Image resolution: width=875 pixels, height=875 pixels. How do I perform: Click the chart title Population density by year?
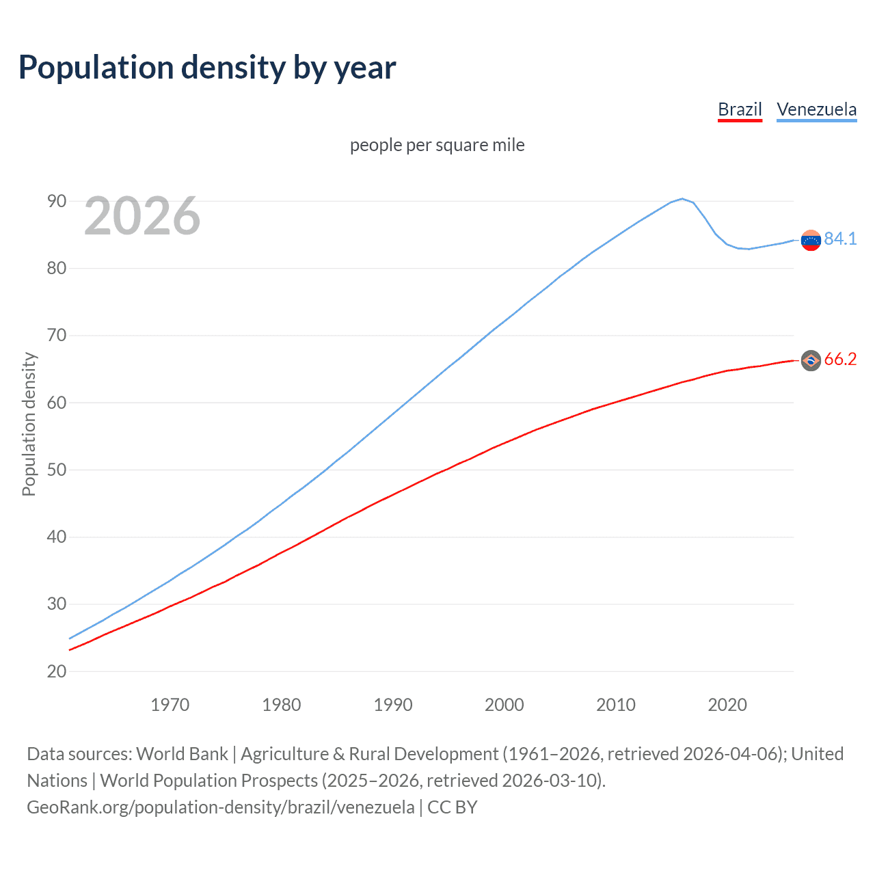click(207, 68)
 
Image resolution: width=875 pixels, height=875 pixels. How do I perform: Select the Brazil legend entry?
click(740, 109)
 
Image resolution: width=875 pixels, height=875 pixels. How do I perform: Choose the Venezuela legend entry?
click(816, 109)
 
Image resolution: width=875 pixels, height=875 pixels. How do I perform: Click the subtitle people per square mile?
click(437, 145)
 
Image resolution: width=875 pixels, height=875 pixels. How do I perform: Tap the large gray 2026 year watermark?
click(142, 216)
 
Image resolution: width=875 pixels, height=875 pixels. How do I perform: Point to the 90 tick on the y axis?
click(57, 201)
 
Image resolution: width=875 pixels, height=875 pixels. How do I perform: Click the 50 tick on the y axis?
click(57, 470)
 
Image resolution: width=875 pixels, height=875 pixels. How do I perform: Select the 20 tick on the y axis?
click(57, 671)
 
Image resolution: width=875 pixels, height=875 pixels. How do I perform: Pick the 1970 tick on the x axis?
click(170, 705)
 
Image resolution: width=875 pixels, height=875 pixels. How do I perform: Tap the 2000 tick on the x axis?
click(504, 705)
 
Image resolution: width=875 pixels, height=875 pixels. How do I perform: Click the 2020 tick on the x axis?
click(727, 705)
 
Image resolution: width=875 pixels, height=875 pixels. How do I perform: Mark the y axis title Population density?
click(29, 424)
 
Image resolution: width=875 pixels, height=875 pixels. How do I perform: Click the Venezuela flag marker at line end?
click(811, 240)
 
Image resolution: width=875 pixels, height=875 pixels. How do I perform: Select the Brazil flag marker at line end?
click(811, 360)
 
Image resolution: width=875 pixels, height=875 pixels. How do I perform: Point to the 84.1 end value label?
click(840, 239)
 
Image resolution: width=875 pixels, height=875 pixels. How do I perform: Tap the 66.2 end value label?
click(840, 360)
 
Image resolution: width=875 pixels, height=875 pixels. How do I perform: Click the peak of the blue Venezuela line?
click(682, 199)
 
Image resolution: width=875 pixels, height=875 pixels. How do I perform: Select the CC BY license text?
click(452, 807)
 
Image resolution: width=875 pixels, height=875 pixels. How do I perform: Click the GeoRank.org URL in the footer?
click(220, 807)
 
